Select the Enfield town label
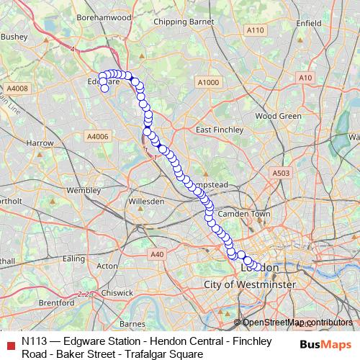[x=308, y=23]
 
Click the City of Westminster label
[x=250, y=285]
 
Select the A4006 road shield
[x=96, y=136]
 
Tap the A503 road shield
[x=281, y=174]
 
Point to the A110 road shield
[x=255, y=30]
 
